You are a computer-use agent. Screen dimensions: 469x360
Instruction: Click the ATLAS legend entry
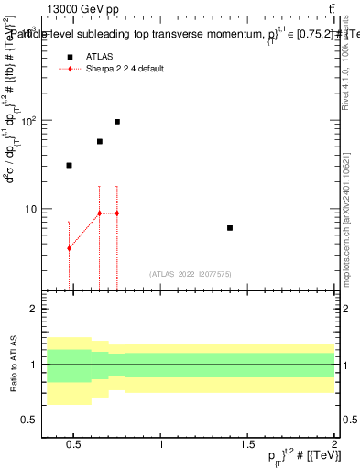tap(102, 57)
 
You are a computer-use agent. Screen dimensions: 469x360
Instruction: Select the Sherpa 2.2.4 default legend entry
tap(125, 69)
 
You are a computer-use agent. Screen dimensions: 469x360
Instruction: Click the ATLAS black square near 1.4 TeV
tap(230, 228)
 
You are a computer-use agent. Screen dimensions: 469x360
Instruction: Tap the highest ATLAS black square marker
tap(117, 122)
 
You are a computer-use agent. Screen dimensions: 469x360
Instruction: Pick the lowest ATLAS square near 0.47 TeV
tap(69, 166)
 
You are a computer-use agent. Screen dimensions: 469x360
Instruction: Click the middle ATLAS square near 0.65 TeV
tap(100, 142)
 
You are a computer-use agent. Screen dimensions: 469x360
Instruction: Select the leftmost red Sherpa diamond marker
tap(69, 249)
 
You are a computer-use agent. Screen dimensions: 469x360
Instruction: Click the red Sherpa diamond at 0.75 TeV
tap(117, 213)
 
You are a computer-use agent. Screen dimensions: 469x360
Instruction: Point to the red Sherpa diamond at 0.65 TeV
tap(100, 213)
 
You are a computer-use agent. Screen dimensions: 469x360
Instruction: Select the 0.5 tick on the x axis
tap(74, 446)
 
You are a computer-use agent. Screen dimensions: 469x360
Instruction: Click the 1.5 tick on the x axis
tap(248, 446)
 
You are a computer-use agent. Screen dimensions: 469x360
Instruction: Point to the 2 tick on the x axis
tap(334, 446)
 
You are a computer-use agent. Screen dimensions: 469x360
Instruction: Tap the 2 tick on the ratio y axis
tap(34, 310)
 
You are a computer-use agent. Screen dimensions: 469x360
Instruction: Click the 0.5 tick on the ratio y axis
tap(31, 420)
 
